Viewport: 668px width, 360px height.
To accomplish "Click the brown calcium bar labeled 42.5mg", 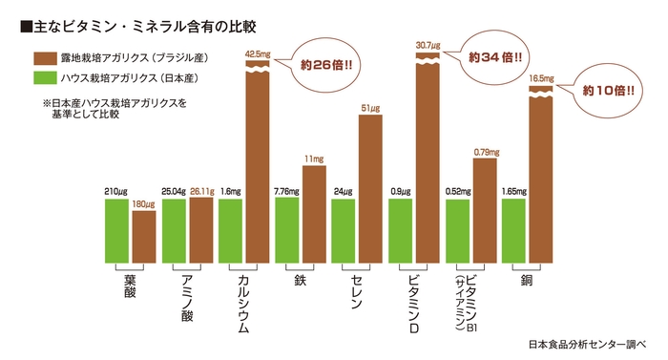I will click(259, 162).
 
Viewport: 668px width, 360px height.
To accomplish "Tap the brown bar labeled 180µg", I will click(144, 236).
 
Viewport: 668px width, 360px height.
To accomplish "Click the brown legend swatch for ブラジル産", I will click(47, 57).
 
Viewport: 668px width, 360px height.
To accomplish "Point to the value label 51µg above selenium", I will click(370, 107).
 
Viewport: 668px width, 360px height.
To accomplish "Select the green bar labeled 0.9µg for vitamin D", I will click(400, 230).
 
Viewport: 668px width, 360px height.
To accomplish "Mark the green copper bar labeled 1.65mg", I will click(512, 230).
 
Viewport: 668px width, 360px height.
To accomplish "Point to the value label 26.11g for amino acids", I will click(201, 190).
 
